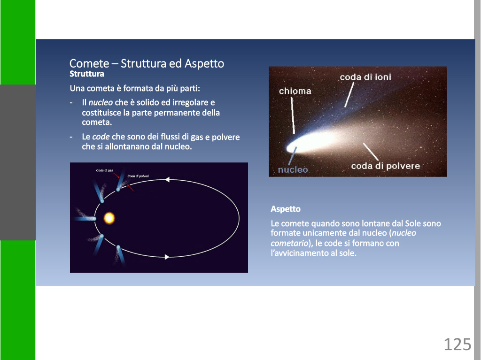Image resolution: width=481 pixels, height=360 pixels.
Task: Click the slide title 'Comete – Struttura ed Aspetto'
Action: click(147, 63)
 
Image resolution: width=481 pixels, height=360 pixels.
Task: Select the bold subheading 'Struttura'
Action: click(87, 74)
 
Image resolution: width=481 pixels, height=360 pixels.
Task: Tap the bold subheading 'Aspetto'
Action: click(286, 209)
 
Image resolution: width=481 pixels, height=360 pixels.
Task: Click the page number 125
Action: click(458, 344)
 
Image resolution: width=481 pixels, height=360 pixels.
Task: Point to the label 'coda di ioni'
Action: click(365, 77)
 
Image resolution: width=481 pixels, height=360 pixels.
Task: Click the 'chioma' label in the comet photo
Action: click(295, 91)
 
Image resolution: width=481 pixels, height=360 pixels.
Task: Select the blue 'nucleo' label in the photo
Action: click(293, 169)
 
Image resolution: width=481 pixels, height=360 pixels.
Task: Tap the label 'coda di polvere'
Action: click(386, 166)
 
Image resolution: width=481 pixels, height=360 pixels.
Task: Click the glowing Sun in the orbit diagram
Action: click(109, 218)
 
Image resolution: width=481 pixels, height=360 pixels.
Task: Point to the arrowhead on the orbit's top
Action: click(167, 179)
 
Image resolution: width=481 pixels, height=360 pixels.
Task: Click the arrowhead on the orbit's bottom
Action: click(167, 257)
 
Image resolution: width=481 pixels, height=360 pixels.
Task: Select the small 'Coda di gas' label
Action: click(105, 170)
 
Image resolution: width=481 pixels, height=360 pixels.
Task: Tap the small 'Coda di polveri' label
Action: click(138, 176)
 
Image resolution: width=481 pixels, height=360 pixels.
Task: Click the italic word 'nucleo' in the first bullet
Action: click(101, 102)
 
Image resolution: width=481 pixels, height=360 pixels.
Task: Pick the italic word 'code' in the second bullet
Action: click(101, 137)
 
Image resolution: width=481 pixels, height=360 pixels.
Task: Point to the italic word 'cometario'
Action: click(289, 243)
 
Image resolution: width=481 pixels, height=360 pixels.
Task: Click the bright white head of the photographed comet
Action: click(293, 148)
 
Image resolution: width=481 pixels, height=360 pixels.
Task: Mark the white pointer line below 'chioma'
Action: click(293, 115)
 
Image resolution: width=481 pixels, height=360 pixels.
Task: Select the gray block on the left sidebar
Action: click(18, 162)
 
